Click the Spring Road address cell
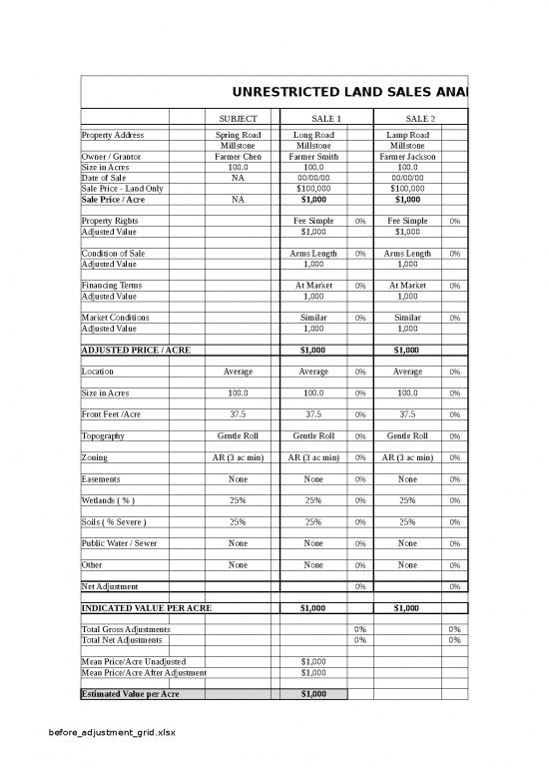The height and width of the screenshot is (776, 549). [238, 135]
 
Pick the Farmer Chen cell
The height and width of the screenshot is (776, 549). [238, 156]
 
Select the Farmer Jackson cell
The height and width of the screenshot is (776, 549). [407, 156]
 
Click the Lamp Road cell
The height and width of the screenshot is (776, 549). [407, 135]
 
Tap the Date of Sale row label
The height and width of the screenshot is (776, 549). [104, 177]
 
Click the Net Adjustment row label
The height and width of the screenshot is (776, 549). [110, 585]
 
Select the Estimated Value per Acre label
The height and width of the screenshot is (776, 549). [130, 693]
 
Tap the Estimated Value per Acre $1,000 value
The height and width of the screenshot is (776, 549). [313, 693]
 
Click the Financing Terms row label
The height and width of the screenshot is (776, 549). [111, 286]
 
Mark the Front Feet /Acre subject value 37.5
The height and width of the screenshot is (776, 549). [238, 414]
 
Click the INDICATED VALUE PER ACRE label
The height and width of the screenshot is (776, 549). [146, 607]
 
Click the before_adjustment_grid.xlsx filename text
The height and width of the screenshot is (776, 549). [105, 732]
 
